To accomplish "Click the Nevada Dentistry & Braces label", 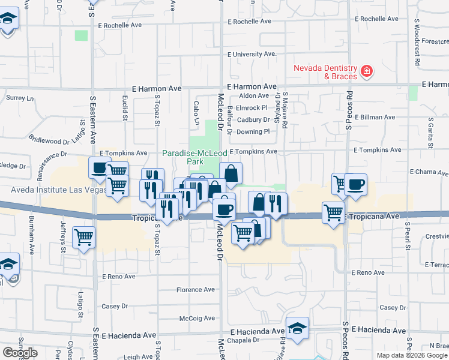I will [x=325, y=72].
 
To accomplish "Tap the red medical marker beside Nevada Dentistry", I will [x=367, y=73].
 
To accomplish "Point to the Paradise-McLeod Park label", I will [x=190, y=157].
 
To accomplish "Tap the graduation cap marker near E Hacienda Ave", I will [x=297, y=328].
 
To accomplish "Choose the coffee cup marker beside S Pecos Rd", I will [x=355, y=184].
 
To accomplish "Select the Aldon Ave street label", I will [x=254, y=96].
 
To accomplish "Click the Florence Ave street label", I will [x=195, y=290].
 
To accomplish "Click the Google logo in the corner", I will [x=20, y=353].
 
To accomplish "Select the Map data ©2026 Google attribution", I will [x=411, y=355].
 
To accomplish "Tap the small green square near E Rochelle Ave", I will [x=81, y=35].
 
